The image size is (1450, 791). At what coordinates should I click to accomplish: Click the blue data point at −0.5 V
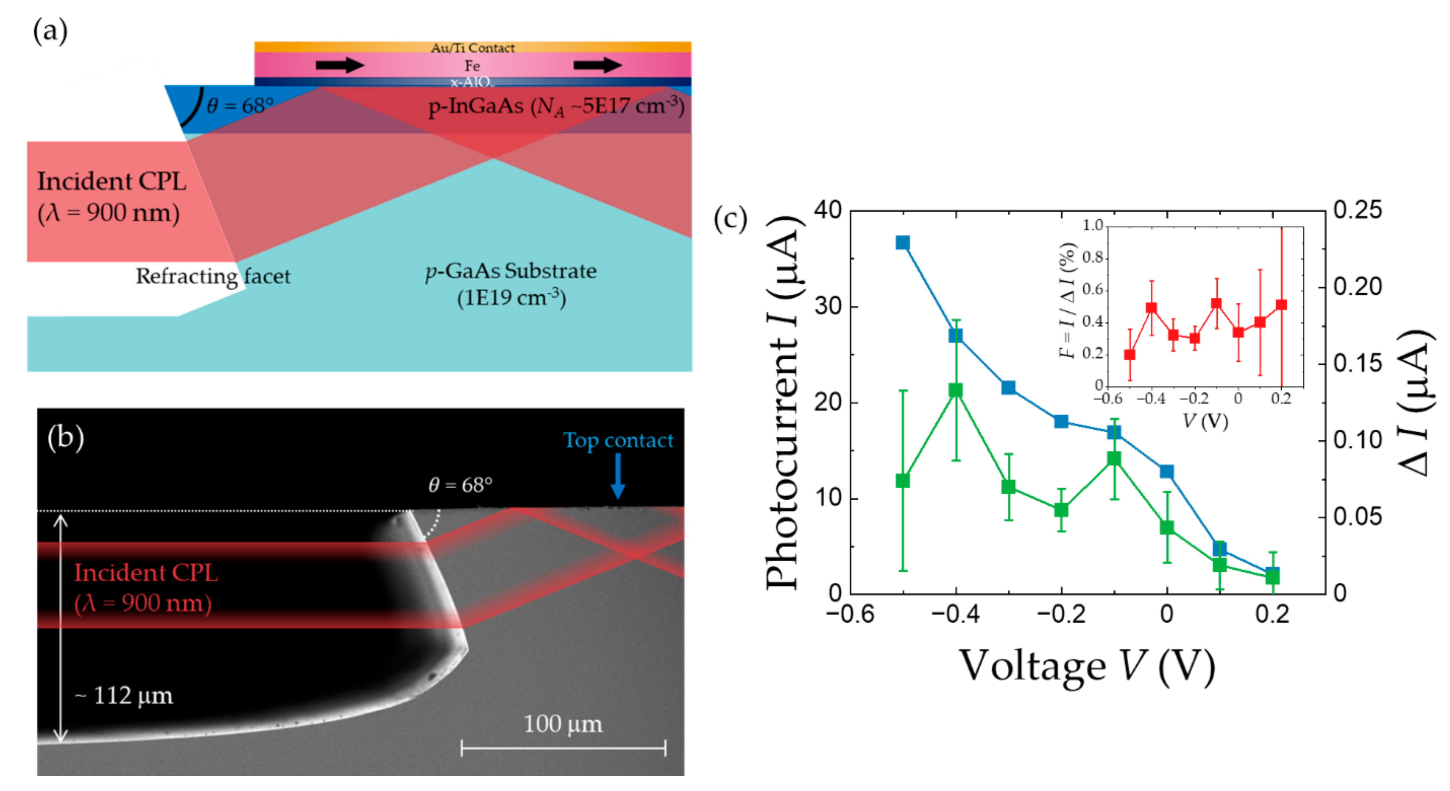tap(902, 242)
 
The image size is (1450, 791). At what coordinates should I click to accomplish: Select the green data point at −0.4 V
tap(955, 390)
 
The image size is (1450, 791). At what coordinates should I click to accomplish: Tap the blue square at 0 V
tap(1166, 471)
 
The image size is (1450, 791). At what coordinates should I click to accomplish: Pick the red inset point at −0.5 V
tap(1129, 355)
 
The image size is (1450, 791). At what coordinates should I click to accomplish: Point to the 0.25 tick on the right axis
tap(1357, 210)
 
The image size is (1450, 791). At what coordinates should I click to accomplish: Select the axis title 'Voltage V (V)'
tap(1086, 667)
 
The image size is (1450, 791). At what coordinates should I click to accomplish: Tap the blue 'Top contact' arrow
tap(618, 476)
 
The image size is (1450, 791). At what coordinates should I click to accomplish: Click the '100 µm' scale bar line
tap(563, 748)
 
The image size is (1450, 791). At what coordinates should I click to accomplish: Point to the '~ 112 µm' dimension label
tap(124, 696)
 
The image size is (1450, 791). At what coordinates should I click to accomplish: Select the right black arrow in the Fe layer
tap(597, 65)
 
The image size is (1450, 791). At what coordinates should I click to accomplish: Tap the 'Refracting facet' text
tap(213, 276)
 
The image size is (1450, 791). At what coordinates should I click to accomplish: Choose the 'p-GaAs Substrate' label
tap(510, 271)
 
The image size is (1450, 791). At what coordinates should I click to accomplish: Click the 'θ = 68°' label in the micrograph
tap(460, 484)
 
